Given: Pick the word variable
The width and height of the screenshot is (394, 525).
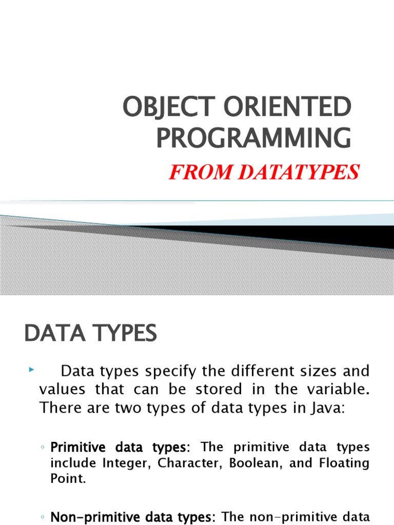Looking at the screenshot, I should [334, 389].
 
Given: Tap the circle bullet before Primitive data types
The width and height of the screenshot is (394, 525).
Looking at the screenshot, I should [42, 448].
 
